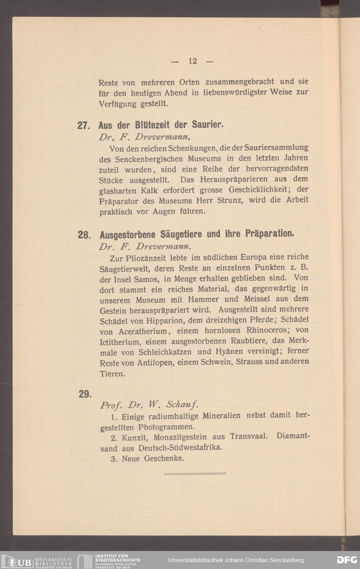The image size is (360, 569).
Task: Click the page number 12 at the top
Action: [x=193, y=61]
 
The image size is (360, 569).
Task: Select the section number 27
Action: [x=83, y=126]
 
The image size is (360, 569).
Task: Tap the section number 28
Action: [x=84, y=235]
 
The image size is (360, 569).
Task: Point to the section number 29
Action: [x=85, y=394]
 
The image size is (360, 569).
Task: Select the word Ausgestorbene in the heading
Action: [x=127, y=235]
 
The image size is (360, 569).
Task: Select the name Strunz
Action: [x=230, y=200]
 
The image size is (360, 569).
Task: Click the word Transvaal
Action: [x=249, y=437]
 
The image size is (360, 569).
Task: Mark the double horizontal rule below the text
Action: [x=194, y=473]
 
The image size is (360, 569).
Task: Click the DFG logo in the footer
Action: [x=347, y=560]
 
